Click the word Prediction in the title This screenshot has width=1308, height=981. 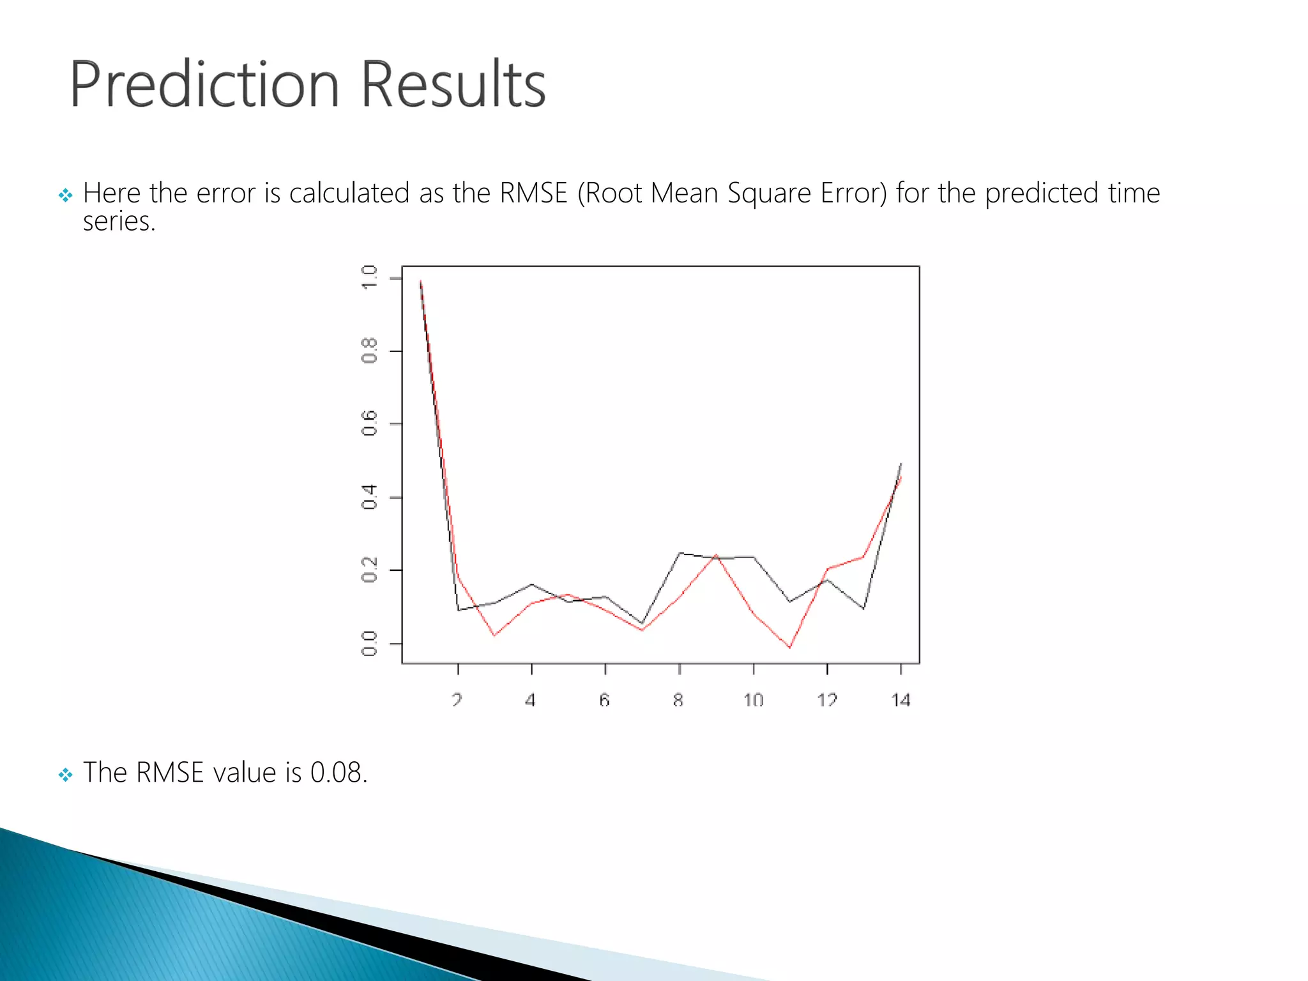point(203,85)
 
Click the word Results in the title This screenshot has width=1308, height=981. point(453,85)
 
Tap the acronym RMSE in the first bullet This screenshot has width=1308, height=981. point(533,194)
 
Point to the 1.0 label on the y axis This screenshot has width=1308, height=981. point(369,278)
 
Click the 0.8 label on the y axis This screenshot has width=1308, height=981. point(369,351)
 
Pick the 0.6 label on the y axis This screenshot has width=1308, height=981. point(369,424)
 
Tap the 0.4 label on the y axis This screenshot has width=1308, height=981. point(369,497)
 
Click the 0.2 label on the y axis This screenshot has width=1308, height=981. point(369,570)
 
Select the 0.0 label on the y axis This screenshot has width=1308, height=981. point(369,643)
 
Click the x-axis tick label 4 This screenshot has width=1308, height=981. point(530,700)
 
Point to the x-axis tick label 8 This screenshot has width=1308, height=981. point(678,700)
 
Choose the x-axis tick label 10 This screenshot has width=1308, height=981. point(753,700)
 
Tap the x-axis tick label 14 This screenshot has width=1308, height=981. point(901,700)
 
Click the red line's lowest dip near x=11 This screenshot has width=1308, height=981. point(789,647)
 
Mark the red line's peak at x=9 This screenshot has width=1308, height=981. point(716,555)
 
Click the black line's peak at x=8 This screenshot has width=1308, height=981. point(680,553)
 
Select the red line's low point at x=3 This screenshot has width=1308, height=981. point(494,635)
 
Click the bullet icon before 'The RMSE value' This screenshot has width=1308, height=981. point(65,775)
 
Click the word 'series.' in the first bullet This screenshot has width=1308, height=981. point(119,222)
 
